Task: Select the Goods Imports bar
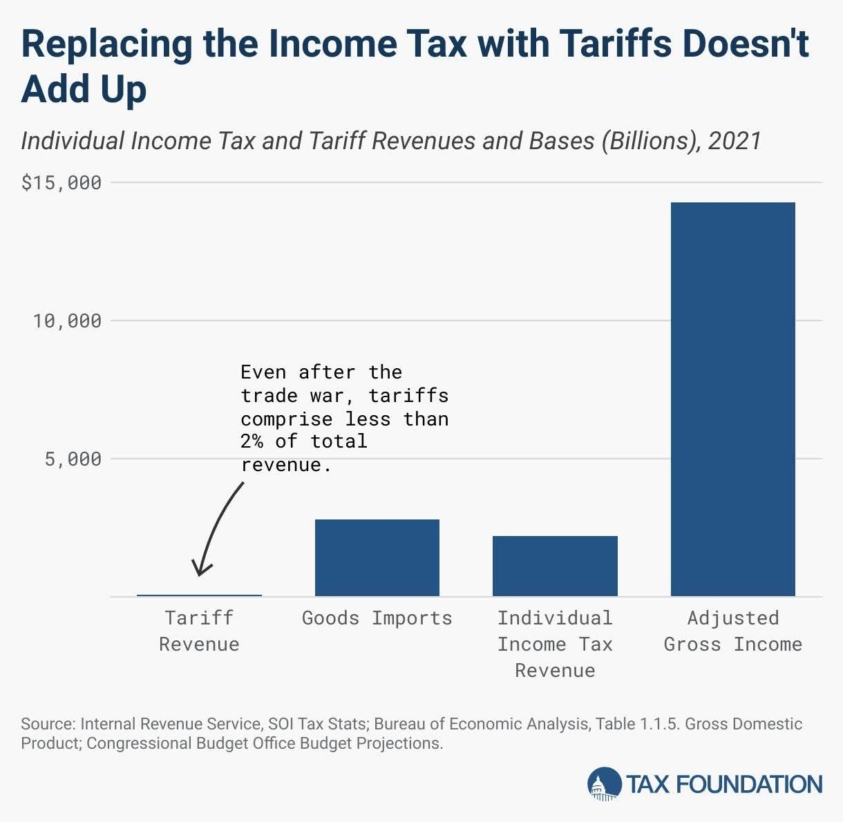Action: coord(377,557)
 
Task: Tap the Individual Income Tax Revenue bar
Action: coord(555,566)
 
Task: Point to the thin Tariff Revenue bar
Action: coord(199,595)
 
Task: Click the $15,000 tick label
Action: coord(61,183)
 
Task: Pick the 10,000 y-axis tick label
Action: coord(68,321)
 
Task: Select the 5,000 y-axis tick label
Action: coord(73,459)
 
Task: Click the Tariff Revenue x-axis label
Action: coord(199,631)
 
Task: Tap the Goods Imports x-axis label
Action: coord(377,618)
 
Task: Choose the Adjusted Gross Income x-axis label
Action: coord(732,631)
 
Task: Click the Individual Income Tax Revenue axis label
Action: coord(555,644)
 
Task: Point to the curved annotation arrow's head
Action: coord(200,571)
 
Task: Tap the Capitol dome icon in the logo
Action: coord(604,785)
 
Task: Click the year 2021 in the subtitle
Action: coord(734,141)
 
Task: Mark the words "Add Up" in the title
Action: coord(84,89)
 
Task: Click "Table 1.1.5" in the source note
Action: coord(646,724)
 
